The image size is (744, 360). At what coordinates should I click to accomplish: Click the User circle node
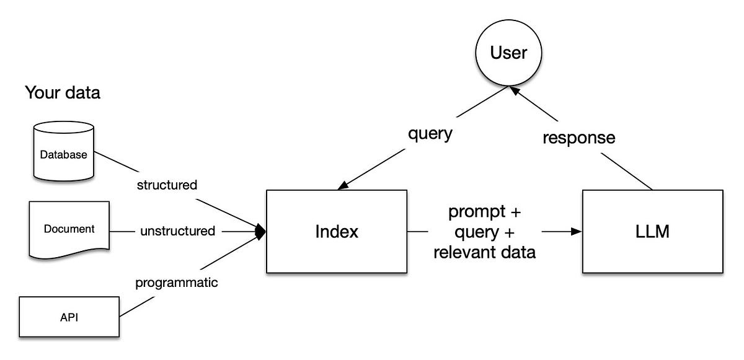click(x=508, y=53)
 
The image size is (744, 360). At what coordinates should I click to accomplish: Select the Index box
click(x=337, y=232)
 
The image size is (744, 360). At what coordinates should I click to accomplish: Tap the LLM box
click(x=652, y=232)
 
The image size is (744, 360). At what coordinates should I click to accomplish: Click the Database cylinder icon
click(x=64, y=152)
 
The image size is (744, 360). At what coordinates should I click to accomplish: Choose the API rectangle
click(x=69, y=317)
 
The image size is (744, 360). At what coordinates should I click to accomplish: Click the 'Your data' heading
click(x=62, y=94)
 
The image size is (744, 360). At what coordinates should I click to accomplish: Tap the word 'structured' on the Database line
click(x=167, y=185)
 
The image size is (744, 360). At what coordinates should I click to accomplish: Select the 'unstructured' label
click(x=177, y=232)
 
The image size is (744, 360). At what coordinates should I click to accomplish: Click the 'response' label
click(x=579, y=138)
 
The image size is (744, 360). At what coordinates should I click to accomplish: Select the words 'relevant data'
click(x=484, y=252)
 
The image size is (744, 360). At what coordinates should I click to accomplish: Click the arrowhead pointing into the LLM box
click(x=577, y=232)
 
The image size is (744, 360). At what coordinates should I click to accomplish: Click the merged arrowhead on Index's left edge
click(x=262, y=232)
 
